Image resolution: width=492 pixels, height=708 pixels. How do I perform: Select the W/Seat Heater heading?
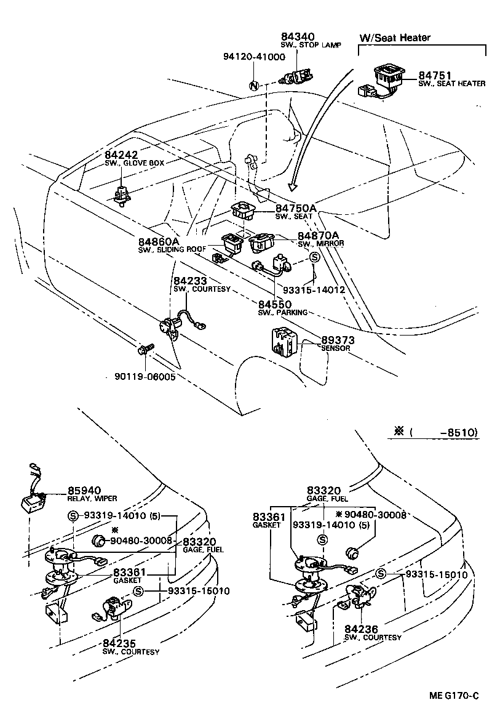pos(395,38)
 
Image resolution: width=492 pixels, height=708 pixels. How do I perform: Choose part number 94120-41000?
pos(253,57)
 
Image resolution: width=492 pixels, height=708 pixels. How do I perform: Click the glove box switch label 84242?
pos(121,155)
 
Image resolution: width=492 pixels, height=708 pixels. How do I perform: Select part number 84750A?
pos(296,208)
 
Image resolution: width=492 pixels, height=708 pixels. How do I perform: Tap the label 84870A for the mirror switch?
pos(318,236)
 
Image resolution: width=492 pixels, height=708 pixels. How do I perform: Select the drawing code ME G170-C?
pos(454,696)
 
